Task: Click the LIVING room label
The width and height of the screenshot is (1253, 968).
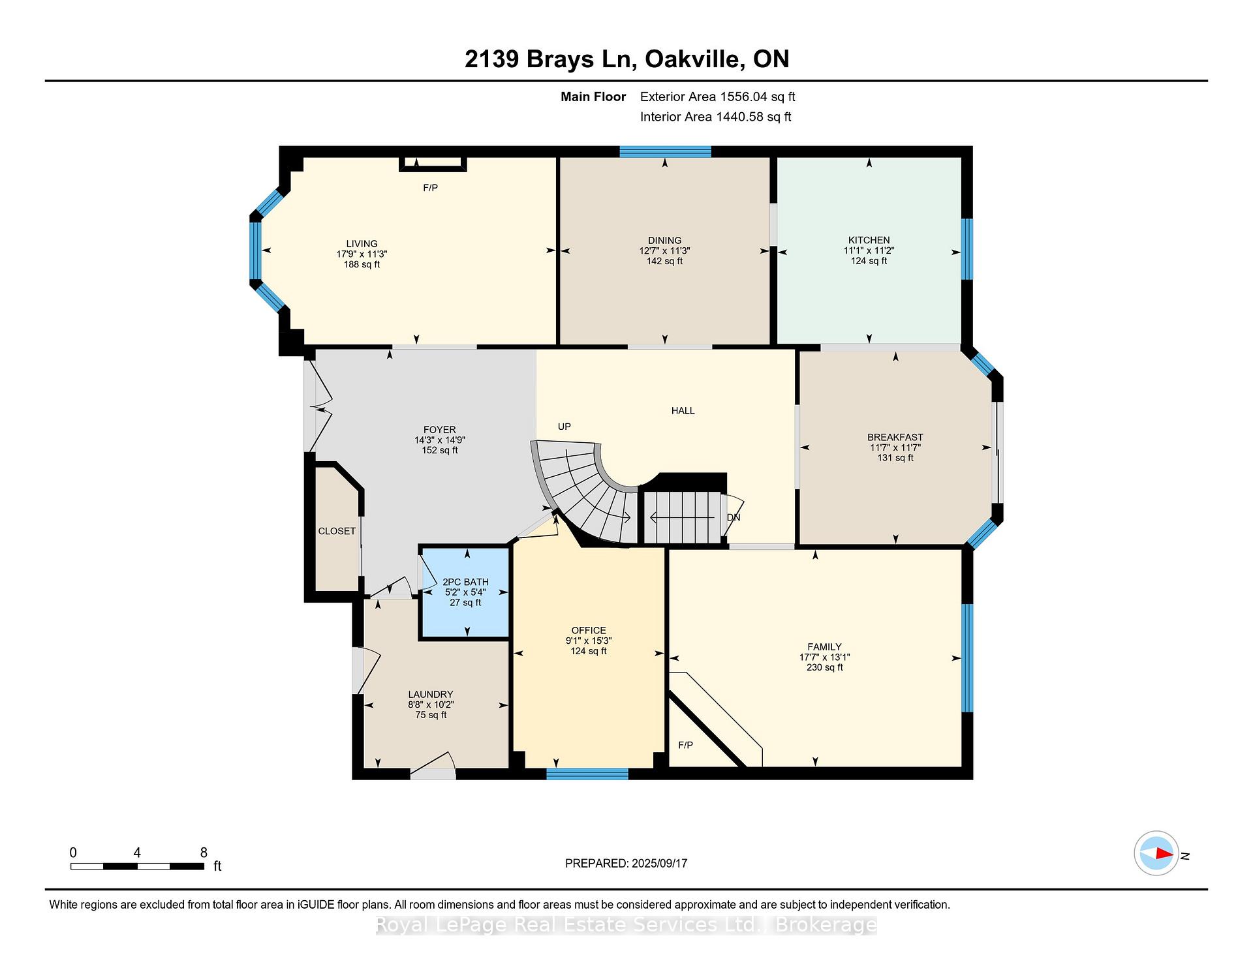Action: (362, 243)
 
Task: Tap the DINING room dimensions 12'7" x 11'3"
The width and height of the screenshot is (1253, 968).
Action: (664, 250)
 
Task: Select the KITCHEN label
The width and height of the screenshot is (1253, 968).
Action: (869, 240)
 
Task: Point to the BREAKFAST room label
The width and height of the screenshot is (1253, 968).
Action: (895, 437)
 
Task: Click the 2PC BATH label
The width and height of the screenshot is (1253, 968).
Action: (465, 582)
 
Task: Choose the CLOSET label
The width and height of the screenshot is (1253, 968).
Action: (337, 531)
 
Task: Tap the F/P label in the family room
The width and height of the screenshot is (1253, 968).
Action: (685, 745)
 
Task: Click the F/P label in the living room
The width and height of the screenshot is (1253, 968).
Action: (430, 188)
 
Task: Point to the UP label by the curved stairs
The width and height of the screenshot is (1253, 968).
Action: (564, 427)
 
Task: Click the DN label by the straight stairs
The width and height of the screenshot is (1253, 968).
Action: (734, 517)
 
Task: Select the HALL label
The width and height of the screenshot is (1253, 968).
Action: (683, 410)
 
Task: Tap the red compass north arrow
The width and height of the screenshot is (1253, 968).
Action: (1164, 853)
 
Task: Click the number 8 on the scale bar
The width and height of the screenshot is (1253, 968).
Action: (204, 853)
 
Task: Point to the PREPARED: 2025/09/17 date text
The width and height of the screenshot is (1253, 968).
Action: (626, 863)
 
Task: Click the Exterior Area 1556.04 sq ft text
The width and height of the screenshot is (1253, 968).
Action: (717, 97)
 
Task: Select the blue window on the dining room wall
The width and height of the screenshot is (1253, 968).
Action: (665, 152)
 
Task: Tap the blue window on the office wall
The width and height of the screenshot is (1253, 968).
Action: (587, 774)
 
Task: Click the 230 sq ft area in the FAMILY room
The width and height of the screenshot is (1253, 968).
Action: (824, 667)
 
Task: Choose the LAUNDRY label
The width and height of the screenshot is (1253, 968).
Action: (430, 694)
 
